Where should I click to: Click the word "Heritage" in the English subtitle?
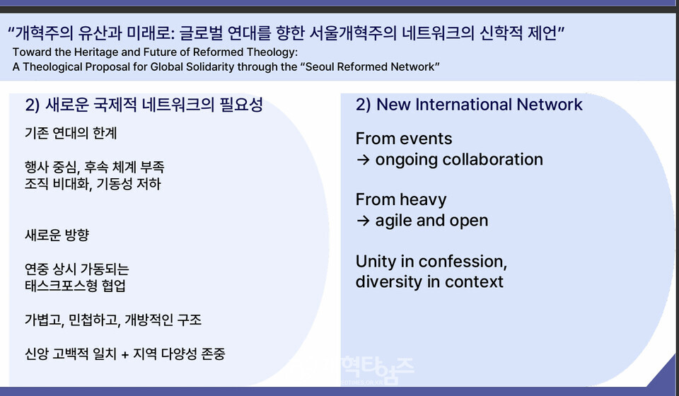coord(96,52)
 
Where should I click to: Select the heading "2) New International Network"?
coord(469,105)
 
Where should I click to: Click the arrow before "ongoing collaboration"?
coord(363,160)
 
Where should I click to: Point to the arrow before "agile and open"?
coord(363,221)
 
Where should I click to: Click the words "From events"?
coord(404,139)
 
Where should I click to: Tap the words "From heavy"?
coord(401,199)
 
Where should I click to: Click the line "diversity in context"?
coord(429,281)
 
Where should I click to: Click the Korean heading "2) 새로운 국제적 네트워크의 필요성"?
coord(144,105)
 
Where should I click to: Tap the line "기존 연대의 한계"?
coord(71,134)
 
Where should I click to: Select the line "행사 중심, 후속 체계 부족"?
coord(94,167)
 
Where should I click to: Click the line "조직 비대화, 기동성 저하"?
coord(93,184)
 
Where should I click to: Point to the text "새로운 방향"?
coord(57,235)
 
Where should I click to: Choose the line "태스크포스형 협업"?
coord(75,286)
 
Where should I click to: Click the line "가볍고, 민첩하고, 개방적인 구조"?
coord(113,320)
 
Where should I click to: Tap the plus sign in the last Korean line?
coord(125,354)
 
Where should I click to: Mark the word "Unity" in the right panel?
coord(376,262)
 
